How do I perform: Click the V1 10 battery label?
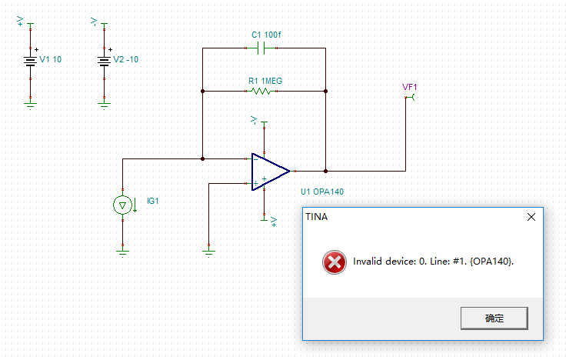point(51,60)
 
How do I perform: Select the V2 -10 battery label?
point(126,60)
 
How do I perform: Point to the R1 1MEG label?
point(263,80)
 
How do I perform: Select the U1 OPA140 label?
point(323,191)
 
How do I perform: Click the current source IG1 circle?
point(122,205)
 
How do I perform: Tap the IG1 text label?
point(152,201)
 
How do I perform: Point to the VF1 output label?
point(409,87)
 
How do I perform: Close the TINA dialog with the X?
point(531,218)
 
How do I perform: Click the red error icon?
point(335,262)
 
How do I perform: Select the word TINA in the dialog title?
point(316,218)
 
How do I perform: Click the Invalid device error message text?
point(434,262)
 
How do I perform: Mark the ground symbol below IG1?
point(122,250)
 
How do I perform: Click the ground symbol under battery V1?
point(31,103)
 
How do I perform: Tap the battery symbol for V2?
point(105,60)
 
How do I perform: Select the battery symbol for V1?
point(31,60)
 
